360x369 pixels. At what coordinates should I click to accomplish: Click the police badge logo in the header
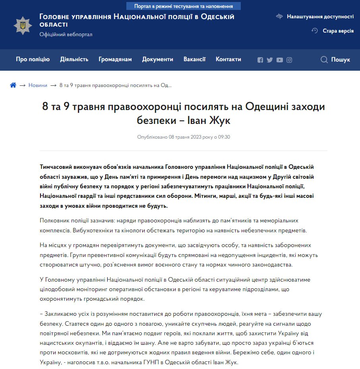tap(23, 25)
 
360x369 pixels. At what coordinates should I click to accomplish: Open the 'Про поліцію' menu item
tap(33, 59)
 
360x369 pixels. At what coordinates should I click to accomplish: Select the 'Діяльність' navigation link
tap(74, 59)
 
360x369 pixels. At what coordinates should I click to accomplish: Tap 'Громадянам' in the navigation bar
tap(115, 59)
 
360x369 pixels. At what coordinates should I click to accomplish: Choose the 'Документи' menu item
tap(158, 59)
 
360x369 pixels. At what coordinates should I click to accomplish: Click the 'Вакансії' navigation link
tap(194, 59)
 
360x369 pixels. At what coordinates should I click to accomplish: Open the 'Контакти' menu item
tap(228, 59)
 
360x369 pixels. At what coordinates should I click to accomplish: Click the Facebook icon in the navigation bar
tap(260, 60)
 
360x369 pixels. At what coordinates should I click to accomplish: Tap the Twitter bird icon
tap(270, 60)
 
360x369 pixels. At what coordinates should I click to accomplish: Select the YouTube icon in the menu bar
tap(280, 60)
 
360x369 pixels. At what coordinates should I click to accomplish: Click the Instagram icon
tap(289, 60)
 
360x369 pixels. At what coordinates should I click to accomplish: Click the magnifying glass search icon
tap(324, 60)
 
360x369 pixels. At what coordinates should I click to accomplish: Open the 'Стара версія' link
tap(338, 31)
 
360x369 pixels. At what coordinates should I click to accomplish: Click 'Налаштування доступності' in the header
tap(320, 16)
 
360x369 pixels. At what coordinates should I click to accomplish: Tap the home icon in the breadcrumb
tap(13, 85)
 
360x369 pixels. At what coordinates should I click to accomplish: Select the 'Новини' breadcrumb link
tap(38, 85)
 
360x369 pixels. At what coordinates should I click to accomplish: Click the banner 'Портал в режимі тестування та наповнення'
tap(184, 6)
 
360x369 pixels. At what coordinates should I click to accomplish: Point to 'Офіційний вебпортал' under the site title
tap(66, 35)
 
